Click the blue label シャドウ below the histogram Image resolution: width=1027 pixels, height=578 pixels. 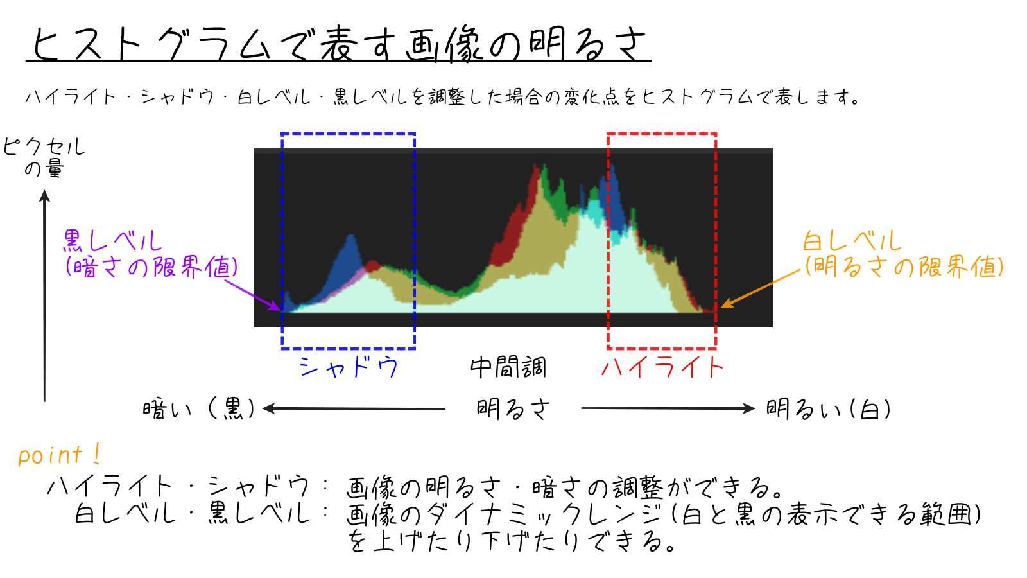click(349, 367)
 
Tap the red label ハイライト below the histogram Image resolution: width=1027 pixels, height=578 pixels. click(662, 367)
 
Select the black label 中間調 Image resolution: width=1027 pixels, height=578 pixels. click(508, 367)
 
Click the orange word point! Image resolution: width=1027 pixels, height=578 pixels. click(59, 455)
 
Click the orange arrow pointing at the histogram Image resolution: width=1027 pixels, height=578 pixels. click(761, 288)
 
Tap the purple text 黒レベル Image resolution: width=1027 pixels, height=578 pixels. click(112, 240)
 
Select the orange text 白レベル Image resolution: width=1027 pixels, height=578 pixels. click(852, 240)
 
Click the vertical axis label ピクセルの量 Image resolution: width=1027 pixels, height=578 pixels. click(44, 157)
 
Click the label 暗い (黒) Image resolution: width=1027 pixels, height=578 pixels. click(198, 408)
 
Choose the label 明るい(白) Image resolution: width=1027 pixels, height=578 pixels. click(828, 408)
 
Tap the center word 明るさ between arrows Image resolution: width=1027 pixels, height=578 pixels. click(513, 408)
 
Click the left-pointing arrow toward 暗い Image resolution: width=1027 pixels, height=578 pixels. click(354, 408)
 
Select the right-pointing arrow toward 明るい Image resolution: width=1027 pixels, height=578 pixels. click(668, 408)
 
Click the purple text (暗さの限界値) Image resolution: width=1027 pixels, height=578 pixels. click(151, 266)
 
